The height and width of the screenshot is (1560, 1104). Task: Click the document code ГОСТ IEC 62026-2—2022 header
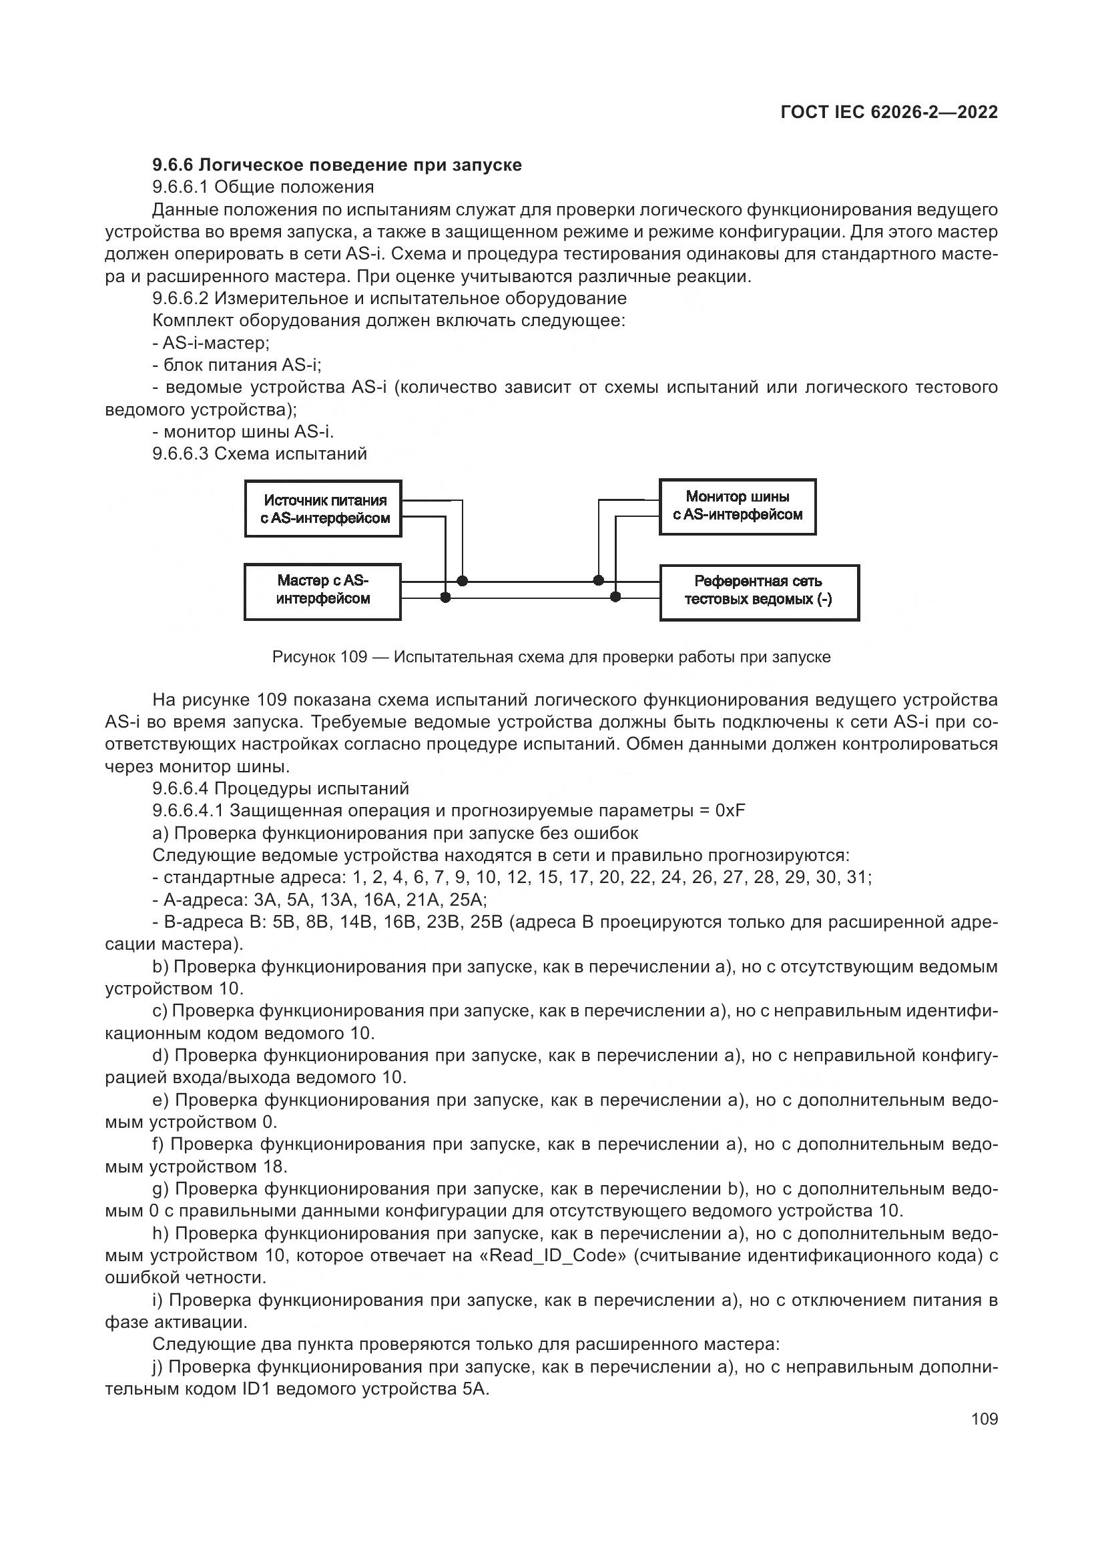tap(888, 112)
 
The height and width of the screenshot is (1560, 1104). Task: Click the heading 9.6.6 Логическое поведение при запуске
tap(336, 165)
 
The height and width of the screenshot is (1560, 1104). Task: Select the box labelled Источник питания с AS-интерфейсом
tap(323, 509)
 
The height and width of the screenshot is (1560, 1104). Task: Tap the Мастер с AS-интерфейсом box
tap(323, 590)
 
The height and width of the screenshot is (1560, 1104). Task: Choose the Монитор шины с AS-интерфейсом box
tap(738, 506)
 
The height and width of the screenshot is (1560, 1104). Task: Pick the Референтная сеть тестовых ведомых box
tap(759, 590)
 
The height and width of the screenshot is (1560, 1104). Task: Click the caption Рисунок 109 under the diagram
tap(551, 657)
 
